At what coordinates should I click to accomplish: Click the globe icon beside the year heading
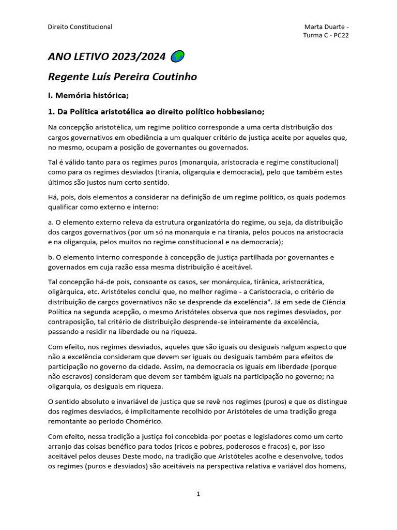pyautogui.click(x=177, y=56)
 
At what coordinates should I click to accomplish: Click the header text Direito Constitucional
pyautogui.click(x=80, y=27)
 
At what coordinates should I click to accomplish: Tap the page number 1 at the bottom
pyautogui.click(x=198, y=494)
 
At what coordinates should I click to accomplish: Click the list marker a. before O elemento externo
pyautogui.click(x=50, y=223)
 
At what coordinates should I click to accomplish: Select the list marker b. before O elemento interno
pyautogui.click(x=50, y=257)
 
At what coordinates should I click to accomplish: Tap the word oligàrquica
pyautogui.click(x=67, y=292)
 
